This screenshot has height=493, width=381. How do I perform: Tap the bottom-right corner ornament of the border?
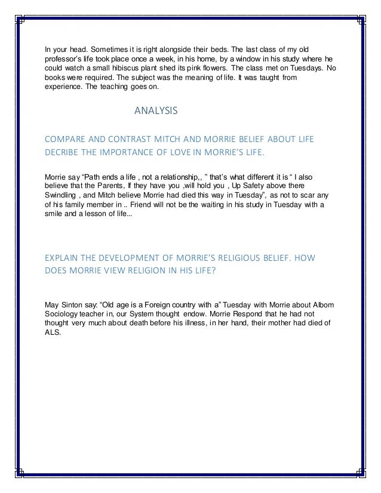pos(361,473)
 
